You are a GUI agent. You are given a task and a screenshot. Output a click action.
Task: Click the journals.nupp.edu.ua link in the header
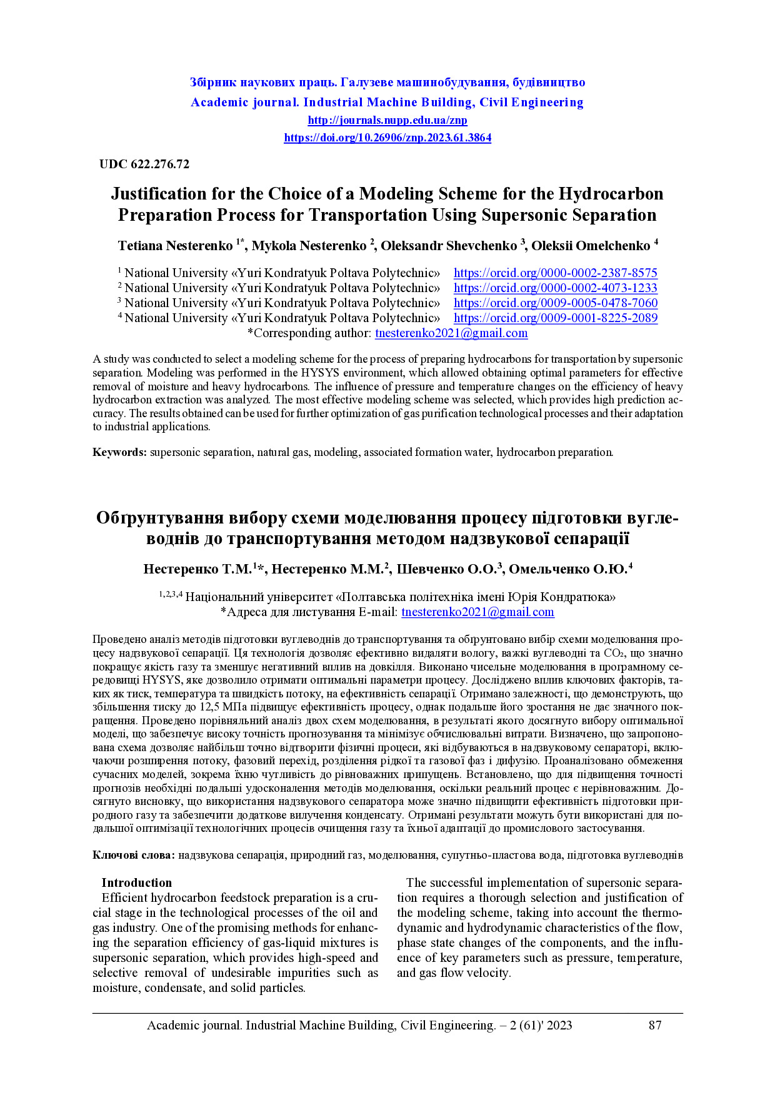(387, 120)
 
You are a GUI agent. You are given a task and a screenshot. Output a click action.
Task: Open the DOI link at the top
(387, 138)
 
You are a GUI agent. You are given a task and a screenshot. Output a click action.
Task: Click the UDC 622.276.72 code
(144, 164)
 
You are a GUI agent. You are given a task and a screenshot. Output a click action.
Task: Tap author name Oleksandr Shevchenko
(448, 246)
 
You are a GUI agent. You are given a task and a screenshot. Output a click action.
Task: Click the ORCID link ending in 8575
(555, 273)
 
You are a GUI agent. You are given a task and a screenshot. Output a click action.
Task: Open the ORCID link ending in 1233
(555, 288)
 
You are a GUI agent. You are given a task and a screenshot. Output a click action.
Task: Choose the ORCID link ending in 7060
(555, 303)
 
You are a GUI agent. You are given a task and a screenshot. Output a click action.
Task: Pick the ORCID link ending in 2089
(555, 318)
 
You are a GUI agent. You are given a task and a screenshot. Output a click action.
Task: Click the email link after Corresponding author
(451, 333)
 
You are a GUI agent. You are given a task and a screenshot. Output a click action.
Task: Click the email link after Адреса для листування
(477, 612)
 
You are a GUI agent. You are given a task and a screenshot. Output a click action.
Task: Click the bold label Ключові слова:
(134, 855)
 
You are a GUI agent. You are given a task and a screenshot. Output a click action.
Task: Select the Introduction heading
(136, 883)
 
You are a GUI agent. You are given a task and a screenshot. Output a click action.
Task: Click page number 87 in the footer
(655, 1025)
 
